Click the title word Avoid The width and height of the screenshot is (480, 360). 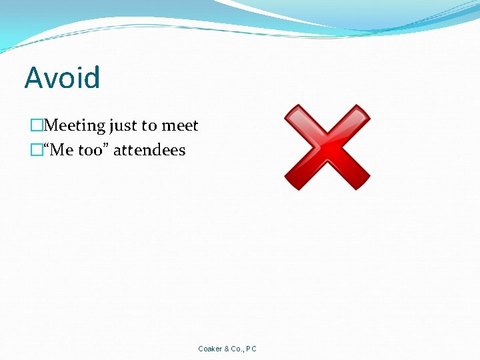pos(62,78)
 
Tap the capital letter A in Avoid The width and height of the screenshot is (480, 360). pos(33,78)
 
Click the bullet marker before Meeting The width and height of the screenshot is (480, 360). pos(37,125)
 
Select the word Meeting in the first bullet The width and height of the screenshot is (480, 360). pos(74,125)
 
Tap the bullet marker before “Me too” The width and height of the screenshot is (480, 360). pos(37,150)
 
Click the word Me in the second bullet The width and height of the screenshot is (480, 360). pos(61,150)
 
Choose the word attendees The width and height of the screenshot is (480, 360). pos(149,150)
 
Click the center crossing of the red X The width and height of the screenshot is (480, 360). pos(327,147)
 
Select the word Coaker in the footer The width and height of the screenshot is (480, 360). pos(209,349)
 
